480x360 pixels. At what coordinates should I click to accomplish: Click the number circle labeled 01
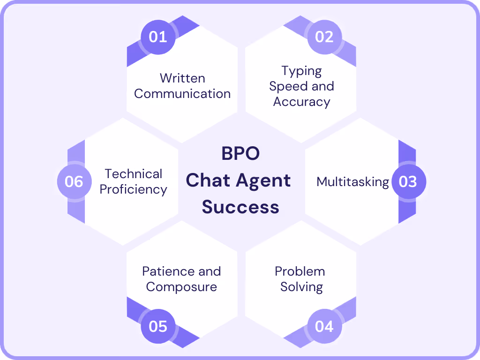pyautogui.click(x=157, y=37)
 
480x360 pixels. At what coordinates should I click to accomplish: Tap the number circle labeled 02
pyautogui.click(x=324, y=37)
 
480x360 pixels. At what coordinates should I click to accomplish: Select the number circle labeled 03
pyautogui.click(x=408, y=182)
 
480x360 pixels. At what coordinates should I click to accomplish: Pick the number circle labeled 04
pyautogui.click(x=324, y=326)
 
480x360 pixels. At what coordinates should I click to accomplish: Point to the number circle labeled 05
pyautogui.click(x=157, y=326)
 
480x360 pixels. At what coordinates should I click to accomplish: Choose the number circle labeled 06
pyautogui.click(x=74, y=182)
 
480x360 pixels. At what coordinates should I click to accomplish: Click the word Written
pyautogui.click(x=182, y=78)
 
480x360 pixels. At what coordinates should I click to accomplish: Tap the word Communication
pyautogui.click(x=182, y=94)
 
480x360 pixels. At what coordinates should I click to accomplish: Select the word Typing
pyautogui.click(x=301, y=71)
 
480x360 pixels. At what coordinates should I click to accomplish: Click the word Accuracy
pyautogui.click(x=301, y=102)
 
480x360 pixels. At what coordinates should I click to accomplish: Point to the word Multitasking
pyautogui.click(x=352, y=182)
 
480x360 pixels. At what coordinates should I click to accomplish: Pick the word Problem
pyautogui.click(x=300, y=271)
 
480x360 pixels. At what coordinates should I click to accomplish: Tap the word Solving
pyautogui.click(x=301, y=287)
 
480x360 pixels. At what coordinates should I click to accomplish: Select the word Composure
pyautogui.click(x=181, y=287)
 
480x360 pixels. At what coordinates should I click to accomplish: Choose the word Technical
pyautogui.click(x=134, y=174)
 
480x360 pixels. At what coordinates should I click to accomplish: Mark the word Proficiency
pyautogui.click(x=134, y=189)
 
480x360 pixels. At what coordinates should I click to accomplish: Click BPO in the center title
pyautogui.click(x=240, y=154)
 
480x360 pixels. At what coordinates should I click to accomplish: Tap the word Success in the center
pyautogui.click(x=240, y=207)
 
